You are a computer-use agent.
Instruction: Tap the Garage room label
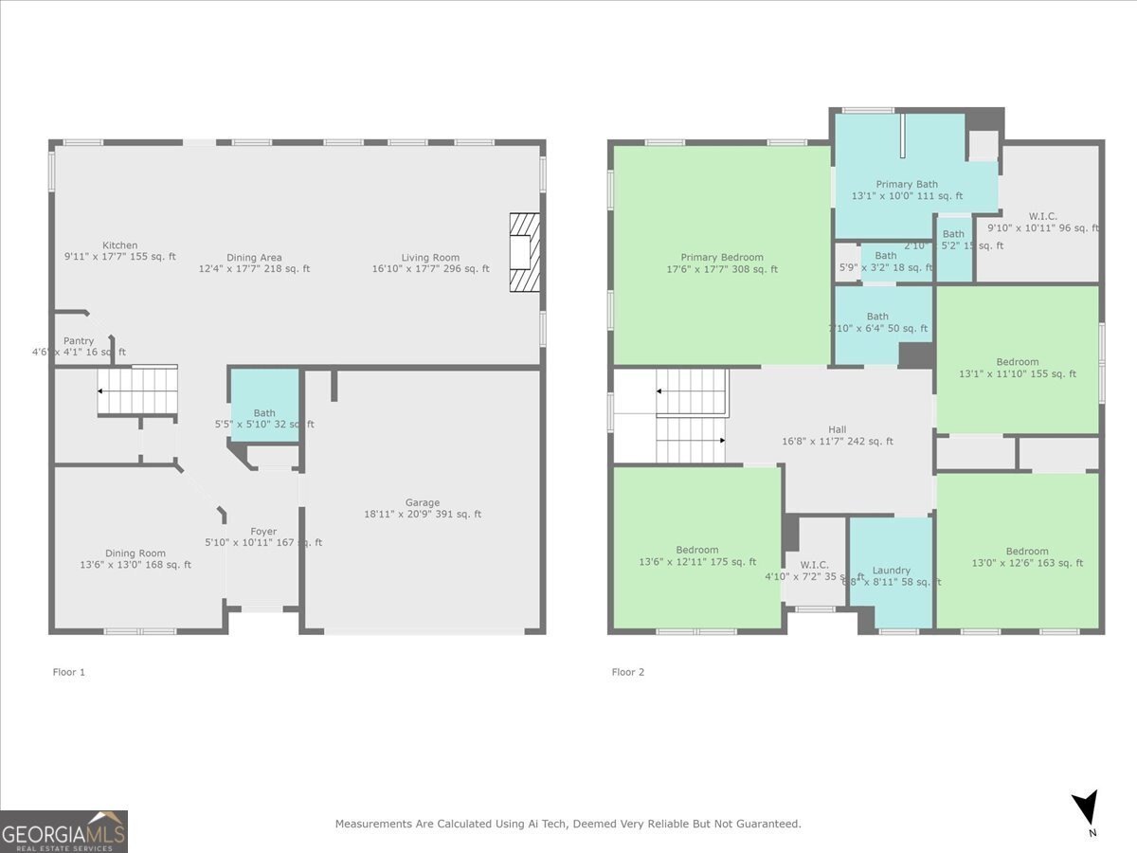tap(423, 503)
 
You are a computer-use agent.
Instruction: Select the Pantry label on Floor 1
tap(79, 341)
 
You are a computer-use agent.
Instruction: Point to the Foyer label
tap(263, 532)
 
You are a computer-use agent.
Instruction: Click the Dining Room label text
tap(135, 554)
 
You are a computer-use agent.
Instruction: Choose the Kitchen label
tap(119, 245)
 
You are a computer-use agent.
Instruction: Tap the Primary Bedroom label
tap(721, 258)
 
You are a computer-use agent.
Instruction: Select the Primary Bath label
tap(907, 185)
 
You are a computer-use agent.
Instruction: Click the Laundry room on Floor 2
tap(891, 571)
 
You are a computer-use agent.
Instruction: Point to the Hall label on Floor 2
tap(837, 429)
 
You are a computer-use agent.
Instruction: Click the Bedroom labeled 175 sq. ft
tap(696, 550)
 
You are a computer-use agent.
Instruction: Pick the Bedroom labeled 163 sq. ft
tap(1027, 552)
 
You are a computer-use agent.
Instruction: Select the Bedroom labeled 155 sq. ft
tap(1017, 362)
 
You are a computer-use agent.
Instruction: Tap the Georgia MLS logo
tap(63, 831)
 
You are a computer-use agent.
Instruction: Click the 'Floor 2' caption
tap(627, 672)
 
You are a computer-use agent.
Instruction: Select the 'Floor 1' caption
tap(68, 672)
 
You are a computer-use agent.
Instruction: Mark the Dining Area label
tap(254, 258)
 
